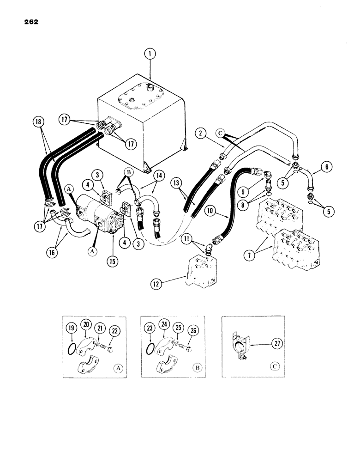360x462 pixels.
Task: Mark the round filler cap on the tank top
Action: (x=149, y=86)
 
